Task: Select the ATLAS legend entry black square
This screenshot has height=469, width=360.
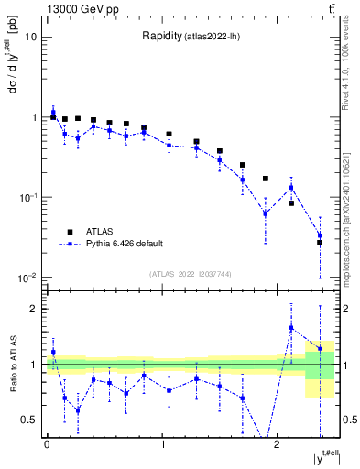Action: click(x=70, y=232)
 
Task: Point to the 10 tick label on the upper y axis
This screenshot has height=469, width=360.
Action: click(x=30, y=38)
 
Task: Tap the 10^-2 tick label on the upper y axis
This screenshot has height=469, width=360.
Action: click(x=27, y=278)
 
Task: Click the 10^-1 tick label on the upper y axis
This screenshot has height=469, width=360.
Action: click(x=27, y=198)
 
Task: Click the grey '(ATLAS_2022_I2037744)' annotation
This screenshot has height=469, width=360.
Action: click(x=191, y=274)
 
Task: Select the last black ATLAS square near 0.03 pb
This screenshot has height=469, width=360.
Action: click(x=320, y=243)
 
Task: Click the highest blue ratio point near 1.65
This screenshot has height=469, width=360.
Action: click(x=291, y=327)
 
